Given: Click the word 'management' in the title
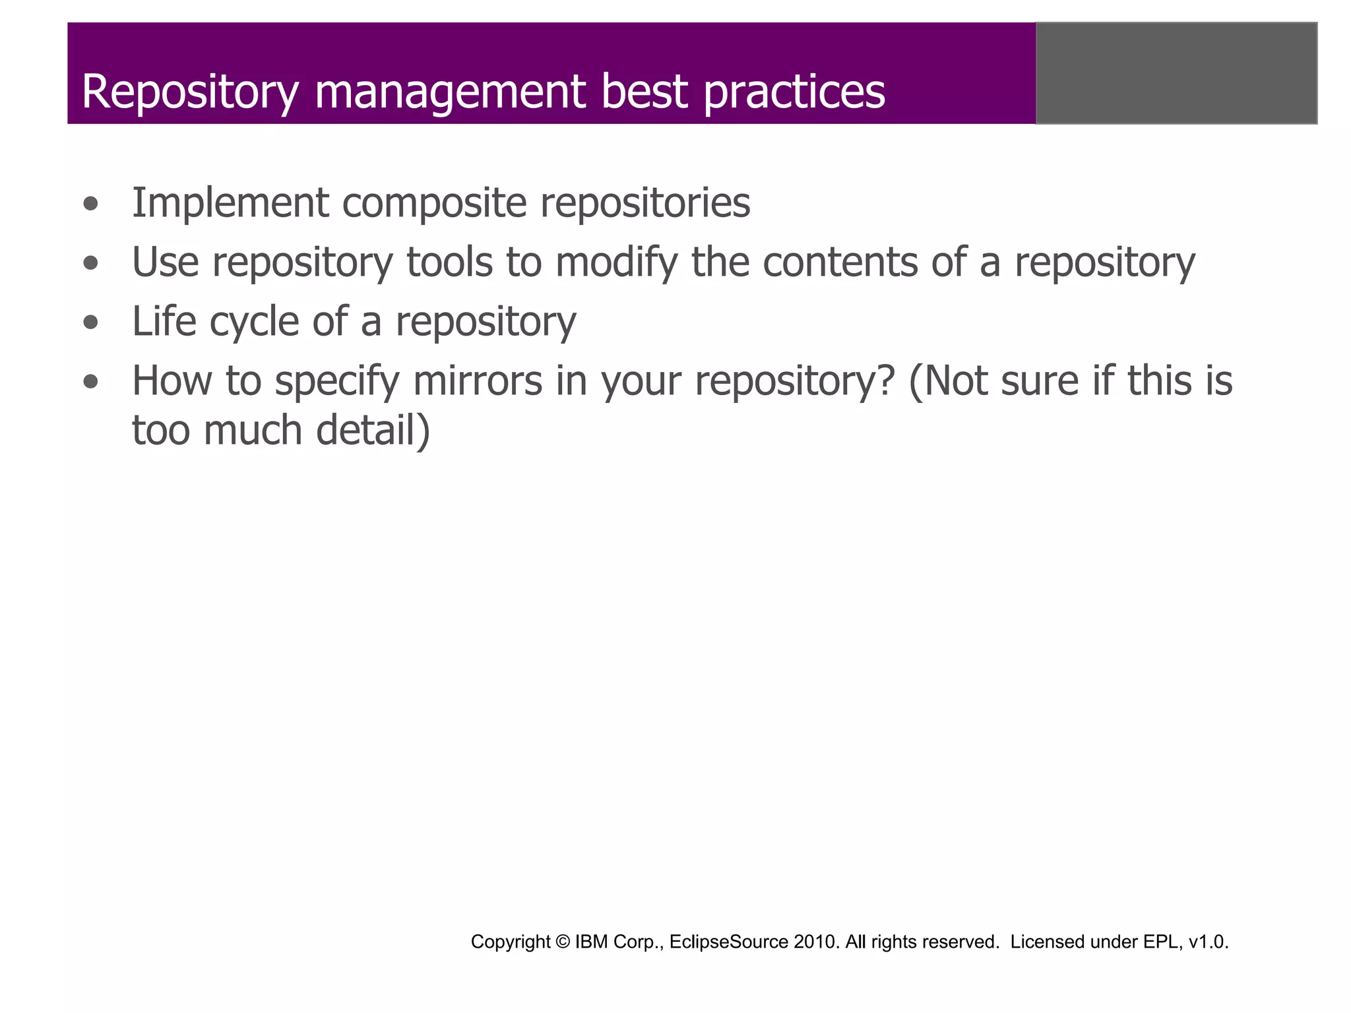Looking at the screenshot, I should (451, 92).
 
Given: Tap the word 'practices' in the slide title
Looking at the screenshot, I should (794, 92).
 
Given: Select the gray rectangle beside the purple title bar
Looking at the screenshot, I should (1176, 73).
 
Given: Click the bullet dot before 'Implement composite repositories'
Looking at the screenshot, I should (91, 204).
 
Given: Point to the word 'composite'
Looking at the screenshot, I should (434, 203).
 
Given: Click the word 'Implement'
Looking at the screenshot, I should (230, 203).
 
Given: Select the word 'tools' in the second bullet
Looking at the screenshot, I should (449, 262).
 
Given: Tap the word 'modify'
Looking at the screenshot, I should (616, 263).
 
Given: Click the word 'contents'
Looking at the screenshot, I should (840, 262).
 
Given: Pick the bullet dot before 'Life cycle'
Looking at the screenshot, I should (91, 323).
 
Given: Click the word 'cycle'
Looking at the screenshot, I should (255, 322).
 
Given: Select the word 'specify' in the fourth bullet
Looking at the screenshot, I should (337, 383).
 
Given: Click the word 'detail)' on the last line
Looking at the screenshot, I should (373, 430).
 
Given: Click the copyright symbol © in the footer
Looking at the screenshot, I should (563, 942).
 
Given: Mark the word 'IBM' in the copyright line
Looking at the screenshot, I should (591, 942).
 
